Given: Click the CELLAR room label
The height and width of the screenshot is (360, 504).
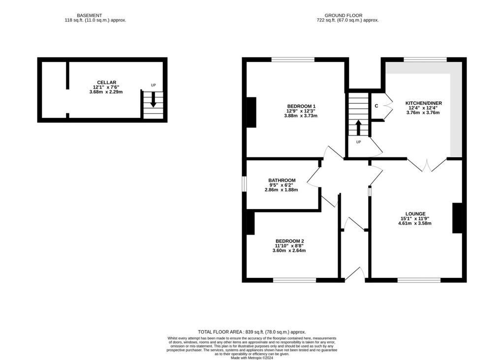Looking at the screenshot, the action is pyautogui.click(x=106, y=83).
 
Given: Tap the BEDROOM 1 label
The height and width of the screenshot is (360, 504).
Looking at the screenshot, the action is pyautogui.click(x=301, y=106).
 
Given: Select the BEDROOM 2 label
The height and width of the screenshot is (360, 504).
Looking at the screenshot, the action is pyautogui.click(x=289, y=241).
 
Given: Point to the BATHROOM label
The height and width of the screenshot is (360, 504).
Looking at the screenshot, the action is pyautogui.click(x=282, y=180).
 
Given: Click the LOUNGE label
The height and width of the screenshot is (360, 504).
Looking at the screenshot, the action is pyautogui.click(x=415, y=214).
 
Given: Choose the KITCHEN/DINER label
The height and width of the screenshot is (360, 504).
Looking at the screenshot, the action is pyautogui.click(x=424, y=103).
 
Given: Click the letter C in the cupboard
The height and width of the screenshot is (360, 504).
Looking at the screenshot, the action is pyautogui.click(x=377, y=106).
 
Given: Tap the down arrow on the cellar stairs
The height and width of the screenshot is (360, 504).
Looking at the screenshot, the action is pyautogui.click(x=154, y=99).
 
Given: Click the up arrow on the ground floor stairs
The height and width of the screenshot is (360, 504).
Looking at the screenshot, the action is pyautogui.click(x=358, y=127).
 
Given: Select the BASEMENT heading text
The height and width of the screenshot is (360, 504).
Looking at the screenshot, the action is pyautogui.click(x=90, y=15).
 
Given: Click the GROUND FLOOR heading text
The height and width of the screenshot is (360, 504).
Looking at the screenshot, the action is pyautogui.click(x=343, y=15).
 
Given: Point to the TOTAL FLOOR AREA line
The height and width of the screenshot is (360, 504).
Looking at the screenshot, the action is pyautogui.click(x=252, y=332).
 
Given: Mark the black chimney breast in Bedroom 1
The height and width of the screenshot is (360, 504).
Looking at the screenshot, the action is pyautogui.click(x=252, y=113).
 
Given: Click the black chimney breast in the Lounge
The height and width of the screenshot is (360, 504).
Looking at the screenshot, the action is pyautogui.click(x=457, y=218).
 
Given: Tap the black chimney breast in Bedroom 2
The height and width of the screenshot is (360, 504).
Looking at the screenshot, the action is pyautogui.click(x=251, y=223).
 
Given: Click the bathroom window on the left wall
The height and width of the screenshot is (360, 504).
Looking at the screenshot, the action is pyautogui.click(x=244, y=184).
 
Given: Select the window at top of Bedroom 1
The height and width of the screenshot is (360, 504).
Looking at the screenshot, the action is pyautogui.click(x=293, y=60).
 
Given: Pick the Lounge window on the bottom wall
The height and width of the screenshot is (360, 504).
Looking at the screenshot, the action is pyautogui.click(x=419, y=280).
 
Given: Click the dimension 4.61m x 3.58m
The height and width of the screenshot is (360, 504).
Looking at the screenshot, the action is pyautogui.click(x=414, y=223).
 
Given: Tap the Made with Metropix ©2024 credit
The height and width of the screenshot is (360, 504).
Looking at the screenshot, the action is pyautogui.click(x=252, y=358).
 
